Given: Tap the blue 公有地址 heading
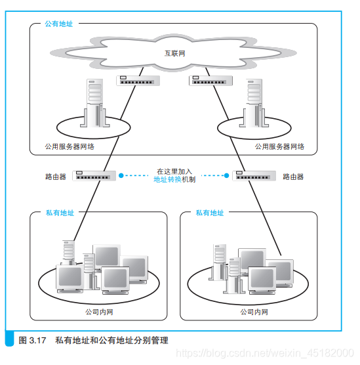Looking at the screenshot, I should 59,24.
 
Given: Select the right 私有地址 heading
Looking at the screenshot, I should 209,213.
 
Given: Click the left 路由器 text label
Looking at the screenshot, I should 56,177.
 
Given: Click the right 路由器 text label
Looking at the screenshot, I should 293,177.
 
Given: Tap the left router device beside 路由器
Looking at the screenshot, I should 95,176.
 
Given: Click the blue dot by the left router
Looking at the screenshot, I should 121,176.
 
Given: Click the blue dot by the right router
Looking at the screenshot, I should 226,176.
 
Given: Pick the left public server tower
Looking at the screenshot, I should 96,102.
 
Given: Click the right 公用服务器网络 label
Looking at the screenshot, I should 279,147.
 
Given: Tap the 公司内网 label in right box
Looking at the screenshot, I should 254,312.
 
